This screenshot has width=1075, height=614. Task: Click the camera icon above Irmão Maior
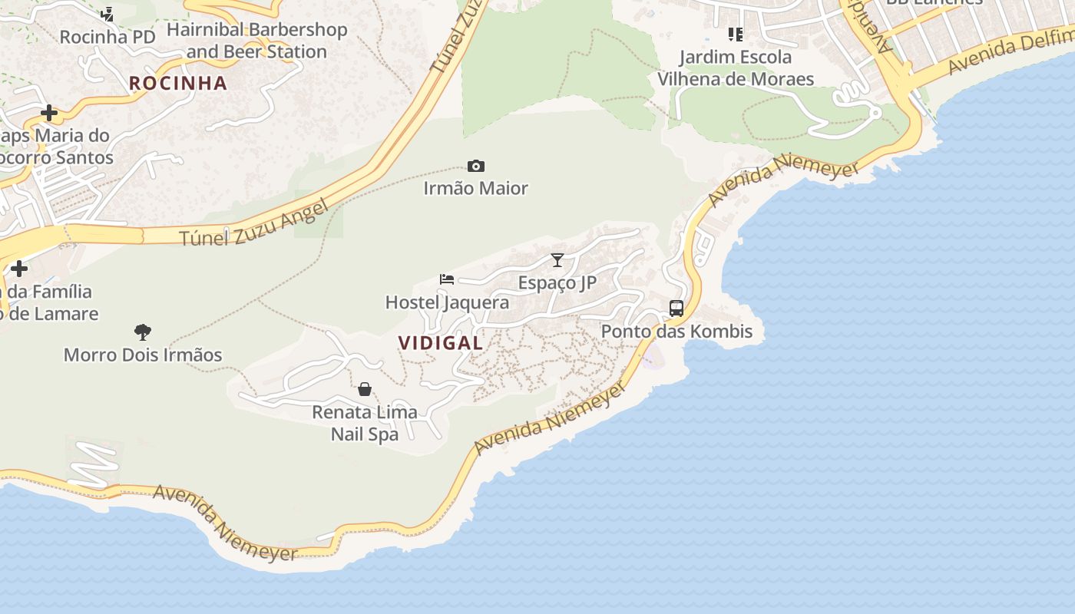(x=476, y=167)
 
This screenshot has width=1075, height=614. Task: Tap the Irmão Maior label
(x=476, y=188)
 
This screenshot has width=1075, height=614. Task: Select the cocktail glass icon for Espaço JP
(x=557, y=260)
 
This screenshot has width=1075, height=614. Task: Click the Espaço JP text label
(x=557, y=282)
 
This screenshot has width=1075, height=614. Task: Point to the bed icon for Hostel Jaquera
(x=447, y=279)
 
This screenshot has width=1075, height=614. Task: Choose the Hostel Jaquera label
(x=447, y=302)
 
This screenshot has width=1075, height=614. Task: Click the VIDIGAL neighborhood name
(x=441, y=343)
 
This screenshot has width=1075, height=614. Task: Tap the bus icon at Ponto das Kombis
(x=676, y=309)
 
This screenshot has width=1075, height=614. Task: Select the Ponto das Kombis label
(x=676, y=332)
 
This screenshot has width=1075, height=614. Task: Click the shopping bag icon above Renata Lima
(x=365, y=389)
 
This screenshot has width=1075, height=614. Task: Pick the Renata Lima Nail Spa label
(x=365, y=423)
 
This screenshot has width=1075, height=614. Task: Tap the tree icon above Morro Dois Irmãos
(x=143, y=332)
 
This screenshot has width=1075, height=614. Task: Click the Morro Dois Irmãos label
(x=143, y=355)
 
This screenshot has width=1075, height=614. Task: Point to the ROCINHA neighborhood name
(x=178, y=83)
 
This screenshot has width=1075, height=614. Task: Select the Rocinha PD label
(x=107, y=37)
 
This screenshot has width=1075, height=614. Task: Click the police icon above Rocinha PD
(x=107, y=14)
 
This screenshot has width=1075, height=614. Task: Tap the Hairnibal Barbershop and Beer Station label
(x=256, y=41)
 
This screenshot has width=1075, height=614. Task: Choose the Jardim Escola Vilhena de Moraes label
(x=736, y=68)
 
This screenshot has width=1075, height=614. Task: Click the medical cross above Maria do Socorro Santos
(x=49, y=114)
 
